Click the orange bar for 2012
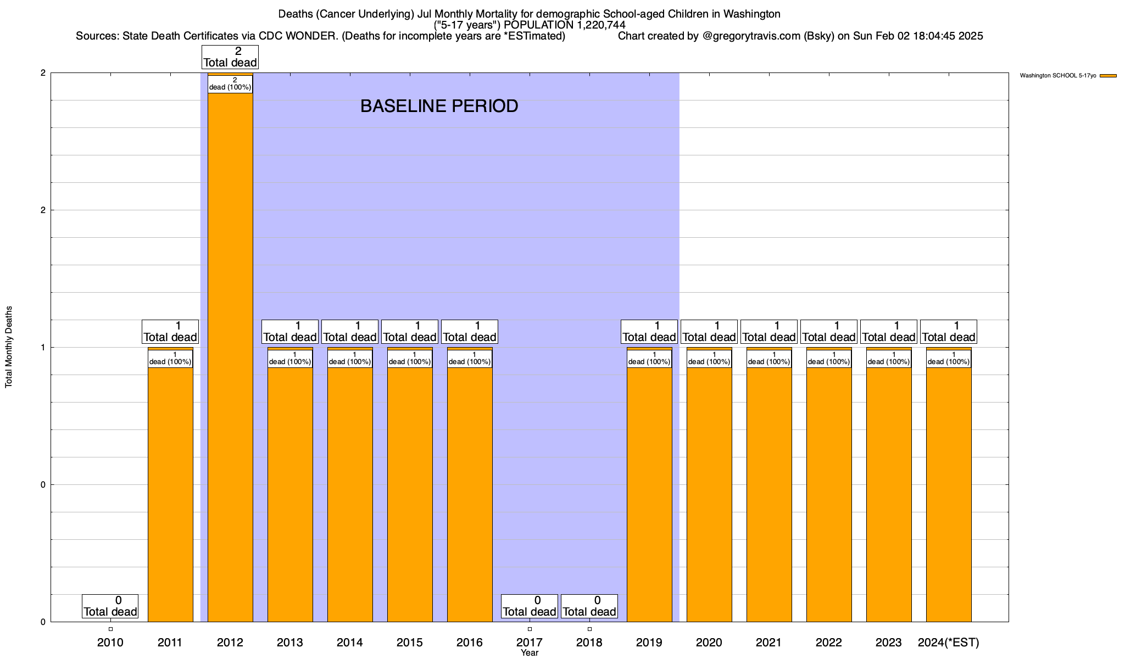[230, 357]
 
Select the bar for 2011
[170, 494]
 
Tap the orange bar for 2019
[649, 494]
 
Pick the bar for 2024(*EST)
[949, 494]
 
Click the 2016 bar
[470, 494]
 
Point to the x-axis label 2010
[110, 642]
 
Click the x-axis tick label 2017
[530, 642]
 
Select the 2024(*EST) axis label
[949, 642]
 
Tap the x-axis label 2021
[769, 642]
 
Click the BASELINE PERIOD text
[439, 106]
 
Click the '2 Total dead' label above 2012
[230, 57]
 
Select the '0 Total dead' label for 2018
[589, 606]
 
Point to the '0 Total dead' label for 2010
[110, 606]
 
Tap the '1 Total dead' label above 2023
[889, 332]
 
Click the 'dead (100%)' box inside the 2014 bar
[350, 359]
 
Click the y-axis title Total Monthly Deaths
[9, 347]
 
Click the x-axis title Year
[530, 653]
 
